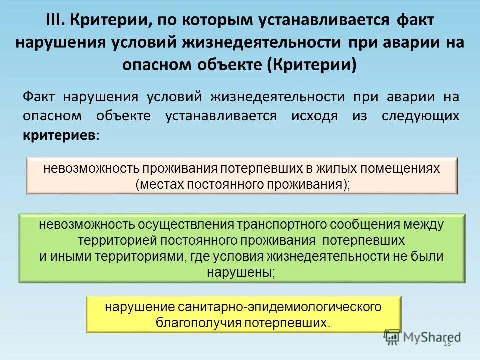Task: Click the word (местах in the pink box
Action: [x=159, y=184]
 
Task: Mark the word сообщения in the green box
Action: [x=370, y=225]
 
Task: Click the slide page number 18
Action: [x=446, y=343]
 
